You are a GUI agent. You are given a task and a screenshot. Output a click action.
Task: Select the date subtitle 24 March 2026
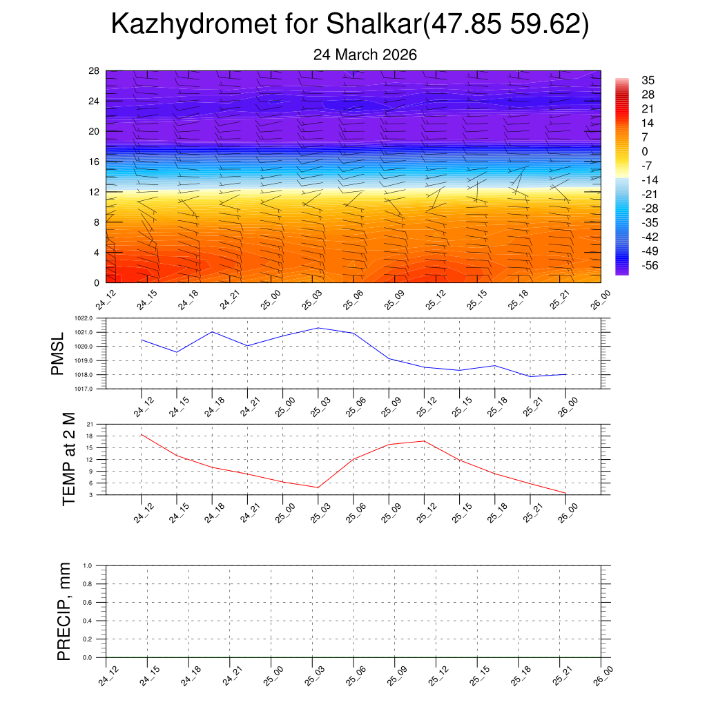365,55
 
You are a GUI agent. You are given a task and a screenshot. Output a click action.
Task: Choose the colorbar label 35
648,80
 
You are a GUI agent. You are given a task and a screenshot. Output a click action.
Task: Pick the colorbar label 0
645,151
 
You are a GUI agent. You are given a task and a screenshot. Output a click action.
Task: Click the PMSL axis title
57,353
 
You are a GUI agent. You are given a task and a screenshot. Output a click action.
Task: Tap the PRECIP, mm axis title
64,611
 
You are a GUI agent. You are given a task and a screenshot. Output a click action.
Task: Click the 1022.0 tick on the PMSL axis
91,318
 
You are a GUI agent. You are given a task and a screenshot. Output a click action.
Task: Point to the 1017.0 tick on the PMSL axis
91,389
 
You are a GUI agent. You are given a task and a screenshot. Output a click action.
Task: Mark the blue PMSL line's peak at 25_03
318,328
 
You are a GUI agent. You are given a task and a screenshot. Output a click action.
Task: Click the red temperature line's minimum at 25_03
318,487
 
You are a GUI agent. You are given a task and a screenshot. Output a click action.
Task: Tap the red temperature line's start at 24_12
141,434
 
